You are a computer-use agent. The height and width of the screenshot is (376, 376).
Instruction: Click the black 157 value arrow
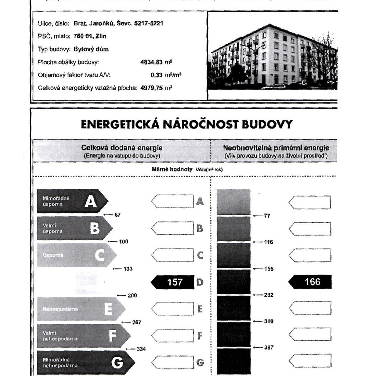click(173, 282)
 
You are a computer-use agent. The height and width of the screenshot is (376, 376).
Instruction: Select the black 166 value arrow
click(310, 282)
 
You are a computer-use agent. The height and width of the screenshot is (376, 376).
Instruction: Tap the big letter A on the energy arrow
click(91, 201)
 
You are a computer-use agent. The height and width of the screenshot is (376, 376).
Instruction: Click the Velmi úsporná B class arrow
click(73, 228)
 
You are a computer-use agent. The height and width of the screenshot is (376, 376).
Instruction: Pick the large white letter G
click(117, 363)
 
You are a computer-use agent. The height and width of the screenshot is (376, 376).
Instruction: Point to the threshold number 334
click(141, 349)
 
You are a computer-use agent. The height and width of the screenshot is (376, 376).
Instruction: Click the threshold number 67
click(117, 215)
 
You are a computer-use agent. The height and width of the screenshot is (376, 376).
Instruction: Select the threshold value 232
click(269, 295)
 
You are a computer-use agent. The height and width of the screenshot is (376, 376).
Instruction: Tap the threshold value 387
click(269, 347)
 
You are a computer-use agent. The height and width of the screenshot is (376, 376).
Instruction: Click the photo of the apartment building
click(272, 57)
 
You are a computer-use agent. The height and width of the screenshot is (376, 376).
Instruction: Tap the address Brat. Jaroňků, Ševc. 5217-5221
click(118, 23)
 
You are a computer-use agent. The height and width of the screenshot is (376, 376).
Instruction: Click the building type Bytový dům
click(91, 49)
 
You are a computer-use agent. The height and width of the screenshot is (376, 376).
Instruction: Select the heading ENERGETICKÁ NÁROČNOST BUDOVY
click(187, 124)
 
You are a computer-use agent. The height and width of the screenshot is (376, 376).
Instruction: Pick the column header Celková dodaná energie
click(122, 148)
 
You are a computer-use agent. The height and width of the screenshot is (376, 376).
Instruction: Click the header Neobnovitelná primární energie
click(276, 148)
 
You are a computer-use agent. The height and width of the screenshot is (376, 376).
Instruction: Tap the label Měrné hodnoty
click(171, 169)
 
